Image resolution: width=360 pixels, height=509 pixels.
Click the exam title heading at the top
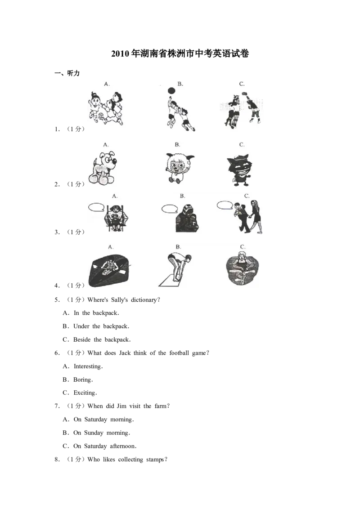tap(180, 53)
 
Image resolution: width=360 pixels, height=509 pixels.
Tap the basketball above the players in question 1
tap(171, 90)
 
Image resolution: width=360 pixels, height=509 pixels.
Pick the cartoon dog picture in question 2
tap(102, 168)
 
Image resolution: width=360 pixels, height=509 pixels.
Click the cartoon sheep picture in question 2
tap(178, 168)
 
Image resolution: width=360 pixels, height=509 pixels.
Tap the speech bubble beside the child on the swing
tap(96, 207)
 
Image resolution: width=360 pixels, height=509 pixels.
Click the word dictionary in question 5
tap(144, 300)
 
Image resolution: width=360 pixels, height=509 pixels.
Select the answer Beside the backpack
tap(102, 339)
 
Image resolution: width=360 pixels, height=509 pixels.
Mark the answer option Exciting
tap(85, 393)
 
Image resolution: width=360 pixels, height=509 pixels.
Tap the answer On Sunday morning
tap(102, 433)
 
